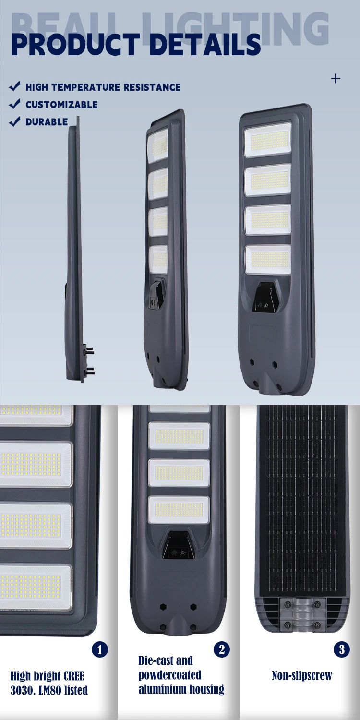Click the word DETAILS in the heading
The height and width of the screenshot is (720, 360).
205,45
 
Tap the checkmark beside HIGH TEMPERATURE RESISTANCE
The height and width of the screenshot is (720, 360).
15,86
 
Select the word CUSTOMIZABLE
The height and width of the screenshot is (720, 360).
62,105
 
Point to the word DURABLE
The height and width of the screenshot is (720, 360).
47,122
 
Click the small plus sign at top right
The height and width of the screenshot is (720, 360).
336,79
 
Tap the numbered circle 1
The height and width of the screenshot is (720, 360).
100,649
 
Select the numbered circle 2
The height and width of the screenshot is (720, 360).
222,649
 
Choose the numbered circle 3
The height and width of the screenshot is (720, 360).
342,649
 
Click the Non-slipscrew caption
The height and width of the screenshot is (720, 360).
302,675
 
